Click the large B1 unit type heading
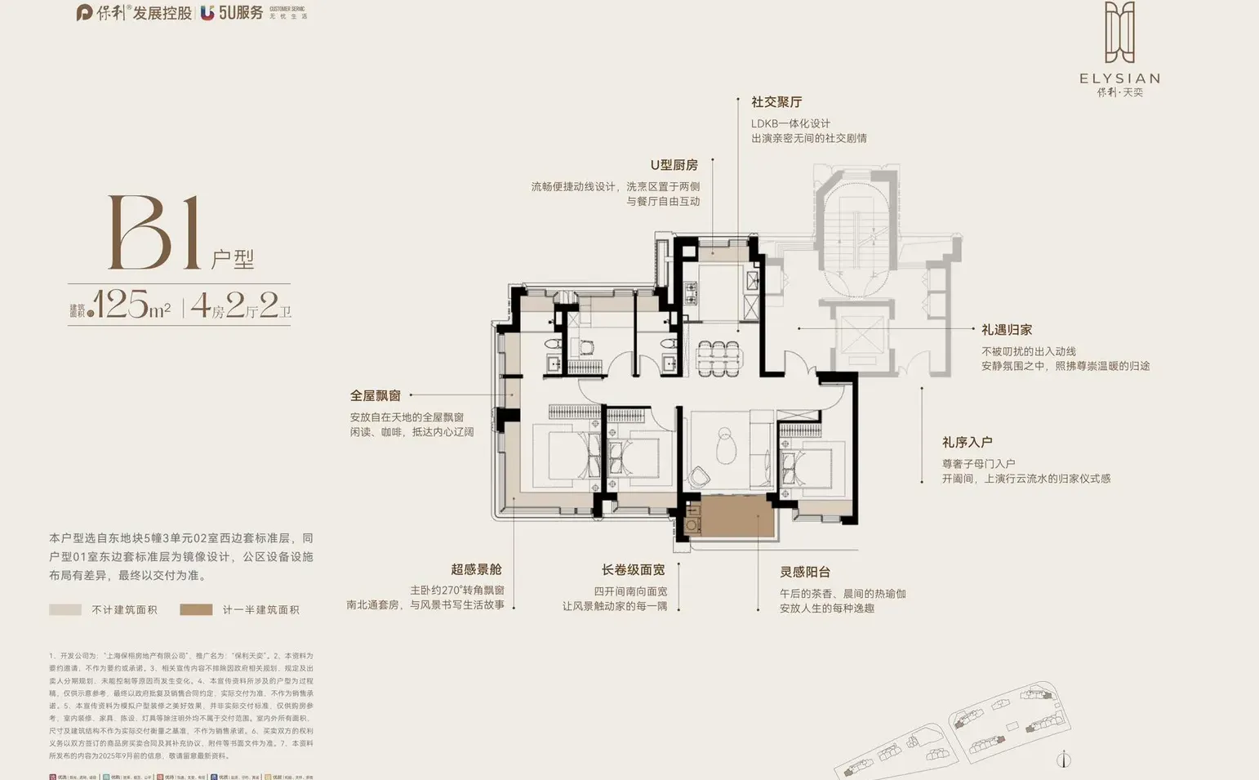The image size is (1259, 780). pyautogui.click(x=155, y=233)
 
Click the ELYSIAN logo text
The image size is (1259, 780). pyautogui.click(x=1119, y=78)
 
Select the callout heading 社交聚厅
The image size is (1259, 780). pyautogui.click(x=776, y=102)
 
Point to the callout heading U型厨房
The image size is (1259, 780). pyautogui.click(x=674, y=165)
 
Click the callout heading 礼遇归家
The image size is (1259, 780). pyautogui.click(x=1007, y=330)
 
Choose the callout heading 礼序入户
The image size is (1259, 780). pyautogui.click(x=967, y=443)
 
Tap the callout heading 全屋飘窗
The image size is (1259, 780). pyautogui.click(x=375, y=396)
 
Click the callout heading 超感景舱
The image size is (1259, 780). pyautogui.click(x=476, y=569)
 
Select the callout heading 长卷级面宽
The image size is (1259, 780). pyautogui.click(x=633, y=570)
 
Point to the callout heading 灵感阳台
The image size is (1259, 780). pyautogui.click(x=804, y=573)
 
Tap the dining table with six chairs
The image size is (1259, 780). pyautogui.click(x=719, y=357)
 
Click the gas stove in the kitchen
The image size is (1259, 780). pyautogui.click(x=691, y=293)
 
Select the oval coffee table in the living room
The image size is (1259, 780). pyautogui.click(x=725, y=445)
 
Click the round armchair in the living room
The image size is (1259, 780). pyautogui.click(x=699, y=476)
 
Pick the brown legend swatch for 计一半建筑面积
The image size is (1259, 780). pyautogui.click(x=196, y=609)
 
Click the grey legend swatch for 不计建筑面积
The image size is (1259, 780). pyautogui.click(x=65, y=609)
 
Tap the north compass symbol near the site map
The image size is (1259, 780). pyautogui.click(x=1063, y=760)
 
